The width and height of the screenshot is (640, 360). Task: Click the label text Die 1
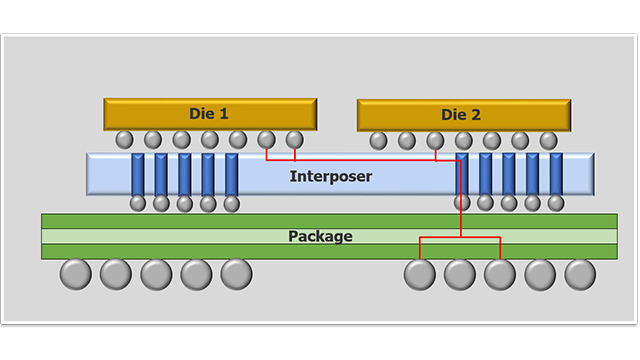(x=209, y=114)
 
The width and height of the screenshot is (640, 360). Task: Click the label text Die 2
(x=461, y=115)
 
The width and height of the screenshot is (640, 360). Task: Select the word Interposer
(x=330, y=177)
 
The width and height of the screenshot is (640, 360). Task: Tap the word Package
(x=320, y=237)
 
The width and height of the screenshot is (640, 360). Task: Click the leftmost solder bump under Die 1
(x=125, y=139)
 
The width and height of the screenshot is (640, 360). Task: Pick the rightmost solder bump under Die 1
(x=294, y=139)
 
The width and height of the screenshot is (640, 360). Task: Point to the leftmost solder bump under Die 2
(x=379, y=140)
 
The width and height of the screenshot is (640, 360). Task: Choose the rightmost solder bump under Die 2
(x=549, y=140)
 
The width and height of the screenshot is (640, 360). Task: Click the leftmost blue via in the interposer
(x=138, y=175)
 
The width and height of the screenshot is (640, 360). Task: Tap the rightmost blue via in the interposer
(x=556, y=175)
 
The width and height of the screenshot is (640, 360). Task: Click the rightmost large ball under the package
(x=580, y=274)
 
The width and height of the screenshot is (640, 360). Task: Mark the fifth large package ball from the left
(x=236, y=274)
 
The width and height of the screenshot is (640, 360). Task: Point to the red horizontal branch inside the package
(x=459, y=238)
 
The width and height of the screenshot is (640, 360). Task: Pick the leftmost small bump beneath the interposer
(x=138, y=204)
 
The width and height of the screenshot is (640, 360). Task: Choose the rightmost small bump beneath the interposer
(x=556, y=204)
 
